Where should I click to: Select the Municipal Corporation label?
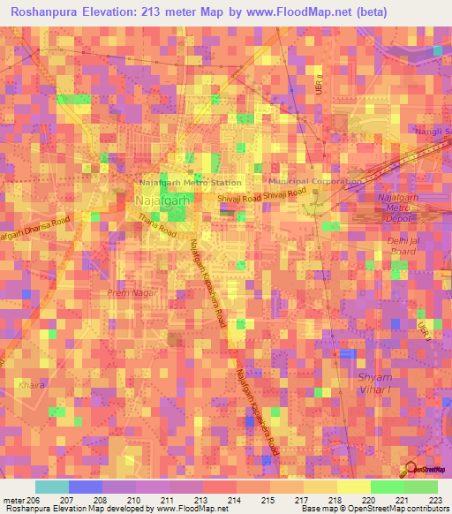[313, 181]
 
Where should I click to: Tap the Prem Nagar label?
[129, 293]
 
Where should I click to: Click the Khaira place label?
[29, 385]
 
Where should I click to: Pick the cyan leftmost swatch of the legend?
[52, 487]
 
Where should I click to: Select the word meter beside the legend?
[12, 500]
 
